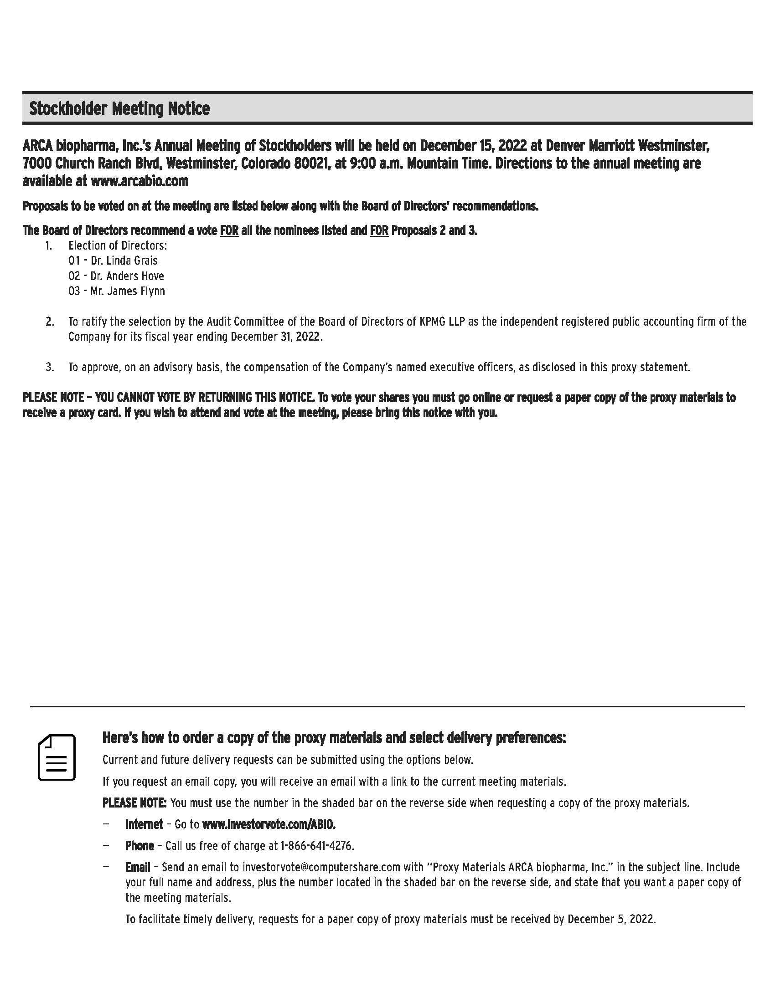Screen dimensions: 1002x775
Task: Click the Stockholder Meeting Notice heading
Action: (119, 109)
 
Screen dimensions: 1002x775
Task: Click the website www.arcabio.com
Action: (139, 181)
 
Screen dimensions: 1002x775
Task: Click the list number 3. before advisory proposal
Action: (50, 367)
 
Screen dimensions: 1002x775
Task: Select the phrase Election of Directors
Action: (118, 245)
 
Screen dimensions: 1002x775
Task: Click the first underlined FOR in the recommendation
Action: (229, 230)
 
